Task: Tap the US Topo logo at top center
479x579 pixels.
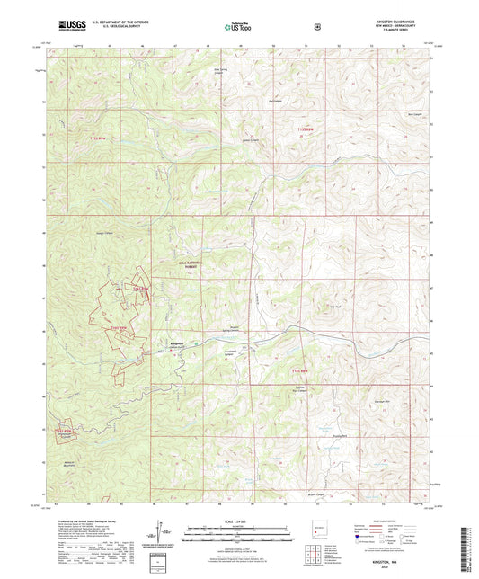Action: [x=238, y=28]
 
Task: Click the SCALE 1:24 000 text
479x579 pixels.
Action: [x=239, y=521]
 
